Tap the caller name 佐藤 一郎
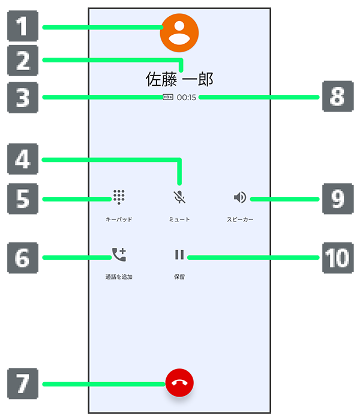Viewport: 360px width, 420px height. click(x=179, y=79)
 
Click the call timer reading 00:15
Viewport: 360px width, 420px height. click(x=187, y=97)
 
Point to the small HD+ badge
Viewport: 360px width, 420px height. click(x=168, y=97)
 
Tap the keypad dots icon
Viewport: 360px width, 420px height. click(x=119, y=197)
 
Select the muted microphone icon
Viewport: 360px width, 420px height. click(x=179, y=197)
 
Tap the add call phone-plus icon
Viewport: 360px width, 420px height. click(x=119, y=256)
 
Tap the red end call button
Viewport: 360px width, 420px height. click(x=180, y=383)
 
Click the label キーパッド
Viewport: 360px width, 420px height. click(x=119, y=220)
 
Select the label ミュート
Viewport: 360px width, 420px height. click(x=179, y=220)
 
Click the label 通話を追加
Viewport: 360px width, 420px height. click(x=119, y=277)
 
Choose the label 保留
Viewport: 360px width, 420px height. click(x=179, y=277)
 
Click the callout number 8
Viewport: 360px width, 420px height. click(x=337, y=97)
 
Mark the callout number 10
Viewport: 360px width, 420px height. click(x=337, y=257)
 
